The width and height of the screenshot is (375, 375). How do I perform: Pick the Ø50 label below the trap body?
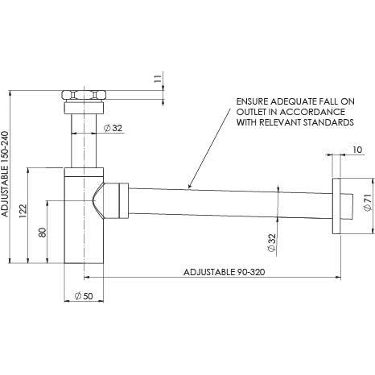pyautogui.click(x=84, y=298)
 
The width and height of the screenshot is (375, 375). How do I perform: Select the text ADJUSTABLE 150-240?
pyautogui.click(x=6, y=176)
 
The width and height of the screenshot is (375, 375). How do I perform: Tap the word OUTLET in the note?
pyautogui.click(x=249, y=113)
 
